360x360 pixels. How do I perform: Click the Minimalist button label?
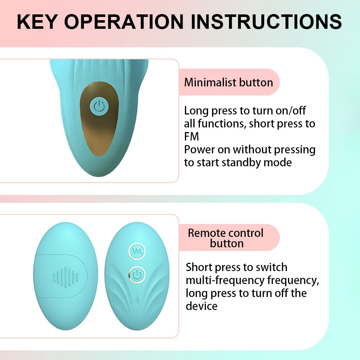[x=229, y=82]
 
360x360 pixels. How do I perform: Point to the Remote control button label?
[x=226, y=238]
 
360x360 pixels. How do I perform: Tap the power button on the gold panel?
[x=99, y=106]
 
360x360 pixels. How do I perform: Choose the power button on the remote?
[x=137, y=275]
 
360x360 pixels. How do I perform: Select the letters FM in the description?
[x=192, y=137]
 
